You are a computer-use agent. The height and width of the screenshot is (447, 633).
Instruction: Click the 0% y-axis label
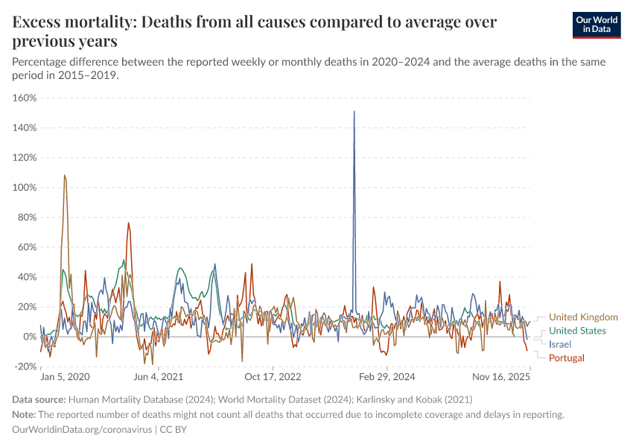point(30,337)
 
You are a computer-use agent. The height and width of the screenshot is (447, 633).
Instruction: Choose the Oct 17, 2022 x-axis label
point(273,378)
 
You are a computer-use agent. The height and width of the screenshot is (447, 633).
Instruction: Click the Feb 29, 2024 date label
point(386,378)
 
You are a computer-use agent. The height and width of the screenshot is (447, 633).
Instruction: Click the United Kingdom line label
point(583,317)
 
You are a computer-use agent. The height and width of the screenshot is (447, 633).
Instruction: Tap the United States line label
point(577,331)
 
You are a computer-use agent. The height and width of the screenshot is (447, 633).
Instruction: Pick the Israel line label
point(560,344)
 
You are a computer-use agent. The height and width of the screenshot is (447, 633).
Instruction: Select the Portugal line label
point(566,358)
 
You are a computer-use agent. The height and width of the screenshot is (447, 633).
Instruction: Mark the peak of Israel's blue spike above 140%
point(354,112)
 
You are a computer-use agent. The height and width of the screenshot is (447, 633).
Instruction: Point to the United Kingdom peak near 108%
point(65,176)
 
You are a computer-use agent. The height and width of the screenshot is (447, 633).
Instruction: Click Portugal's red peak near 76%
point(128,223)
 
